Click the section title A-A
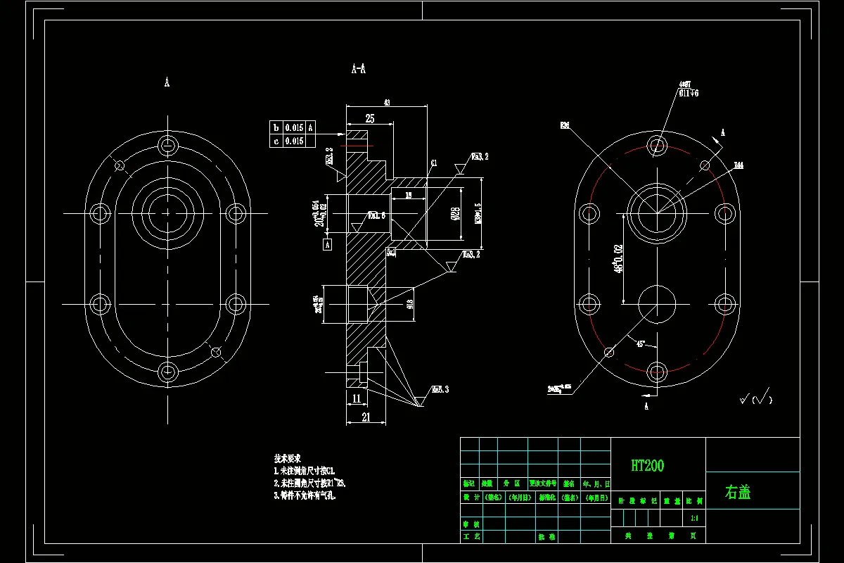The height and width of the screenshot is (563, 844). coord(358,69)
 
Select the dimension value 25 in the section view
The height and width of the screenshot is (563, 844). coord(369,119)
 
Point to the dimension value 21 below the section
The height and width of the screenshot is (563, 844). coord(366,417)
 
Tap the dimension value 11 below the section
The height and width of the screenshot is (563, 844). coord(356,398)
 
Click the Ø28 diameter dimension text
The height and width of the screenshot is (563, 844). coord(455,213)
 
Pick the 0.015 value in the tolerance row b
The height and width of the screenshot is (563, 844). coord(294,128)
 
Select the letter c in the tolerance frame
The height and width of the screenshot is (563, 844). coord(276,141)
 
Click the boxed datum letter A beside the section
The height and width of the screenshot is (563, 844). coord(327,244)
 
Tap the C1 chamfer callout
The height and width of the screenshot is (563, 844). coord(434,163)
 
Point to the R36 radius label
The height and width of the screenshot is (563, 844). coord(564,126)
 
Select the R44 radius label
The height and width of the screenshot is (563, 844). coord(738,165)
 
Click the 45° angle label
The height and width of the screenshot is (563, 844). coord(641,344)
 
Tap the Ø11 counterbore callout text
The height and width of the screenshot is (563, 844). coord(689,92)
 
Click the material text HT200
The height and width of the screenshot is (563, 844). coord(647,465)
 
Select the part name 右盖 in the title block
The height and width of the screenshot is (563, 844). coord(738,492)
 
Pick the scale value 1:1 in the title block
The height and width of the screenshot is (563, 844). coord(694,519)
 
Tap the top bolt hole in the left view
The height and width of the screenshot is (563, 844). coord(167,146)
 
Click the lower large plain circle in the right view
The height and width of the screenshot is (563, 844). coord(658,303)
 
